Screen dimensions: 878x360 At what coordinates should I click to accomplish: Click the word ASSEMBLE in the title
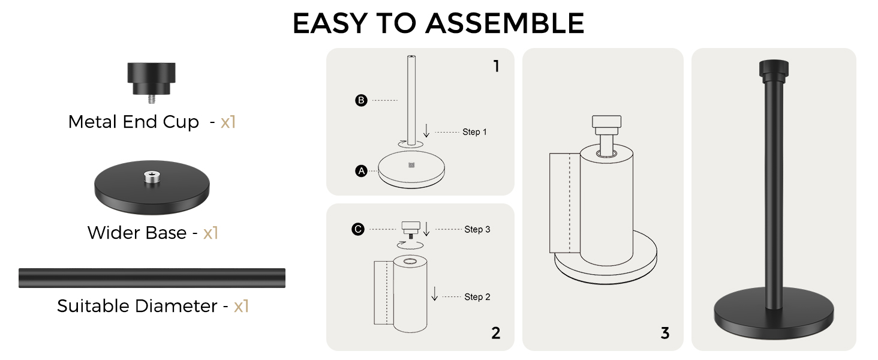coord(505,23)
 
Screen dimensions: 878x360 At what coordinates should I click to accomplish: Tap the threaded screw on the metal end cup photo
coord(152,99)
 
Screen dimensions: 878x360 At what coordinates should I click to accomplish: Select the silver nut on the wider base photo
coord(152,177)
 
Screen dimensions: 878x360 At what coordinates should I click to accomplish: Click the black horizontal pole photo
coord(152,278)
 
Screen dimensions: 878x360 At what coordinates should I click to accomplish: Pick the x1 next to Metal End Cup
coord(228,122)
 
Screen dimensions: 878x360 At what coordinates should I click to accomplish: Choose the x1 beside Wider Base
coord(211,233)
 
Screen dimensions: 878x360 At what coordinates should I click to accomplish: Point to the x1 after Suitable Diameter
coord(242,306)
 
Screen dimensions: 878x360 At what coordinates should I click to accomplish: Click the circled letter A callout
coord(361,171)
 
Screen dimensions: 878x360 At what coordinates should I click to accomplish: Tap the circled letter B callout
coord(361,100)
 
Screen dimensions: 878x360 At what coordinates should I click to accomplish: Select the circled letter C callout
coord(358,229)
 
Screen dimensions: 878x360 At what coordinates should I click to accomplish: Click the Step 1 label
coord(474,132)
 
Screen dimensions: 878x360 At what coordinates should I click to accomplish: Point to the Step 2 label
coord(477,297)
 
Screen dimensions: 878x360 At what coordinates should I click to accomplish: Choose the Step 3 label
coord(477,229)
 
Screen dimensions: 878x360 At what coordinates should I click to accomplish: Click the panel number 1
coord(497,66)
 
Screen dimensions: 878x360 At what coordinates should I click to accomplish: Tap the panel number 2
coord(496,334)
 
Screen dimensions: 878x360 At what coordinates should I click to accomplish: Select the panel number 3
coord(665,334)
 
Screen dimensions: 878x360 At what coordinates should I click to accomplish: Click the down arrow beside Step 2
coord(434,294)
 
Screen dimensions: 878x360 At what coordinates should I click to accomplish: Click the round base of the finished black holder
coord(774,314)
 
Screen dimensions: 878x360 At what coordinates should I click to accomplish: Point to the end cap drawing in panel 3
coord(606,125)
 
